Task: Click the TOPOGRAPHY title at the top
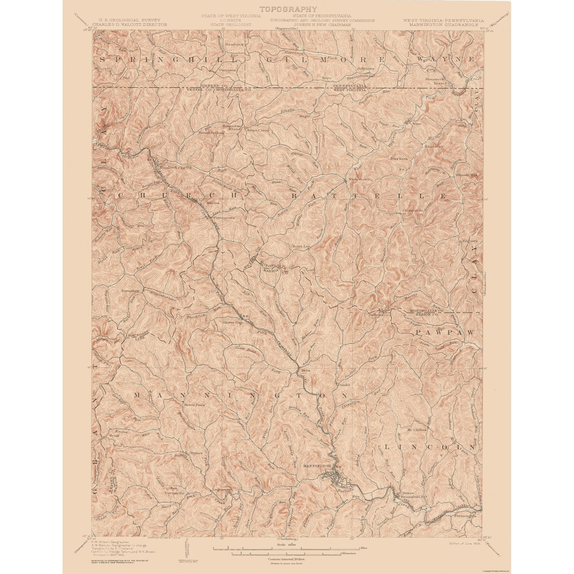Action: click(x=287, y=9)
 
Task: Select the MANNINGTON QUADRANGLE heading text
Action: click(x=444, y=25)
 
